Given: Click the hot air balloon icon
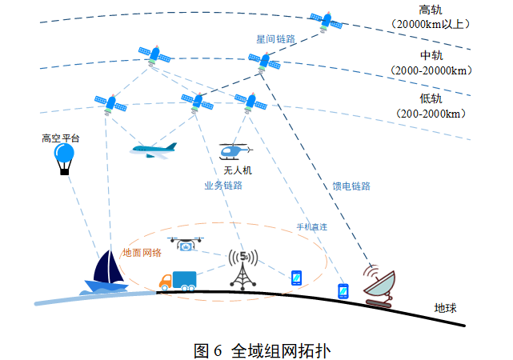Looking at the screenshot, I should click(63, 158).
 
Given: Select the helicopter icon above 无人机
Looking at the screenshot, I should click(235, 150).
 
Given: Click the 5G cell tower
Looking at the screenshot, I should click(242, 269).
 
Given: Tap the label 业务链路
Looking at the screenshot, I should click(223, 186).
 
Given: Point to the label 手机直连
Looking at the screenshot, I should click(312, 227).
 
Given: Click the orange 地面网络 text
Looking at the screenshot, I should click(142, 252).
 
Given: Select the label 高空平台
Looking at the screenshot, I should click(61, 138).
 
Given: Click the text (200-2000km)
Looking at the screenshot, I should click(431, 114).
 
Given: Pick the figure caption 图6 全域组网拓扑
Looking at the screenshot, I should click(262, 350).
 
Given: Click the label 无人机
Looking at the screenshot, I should click(238, 170).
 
